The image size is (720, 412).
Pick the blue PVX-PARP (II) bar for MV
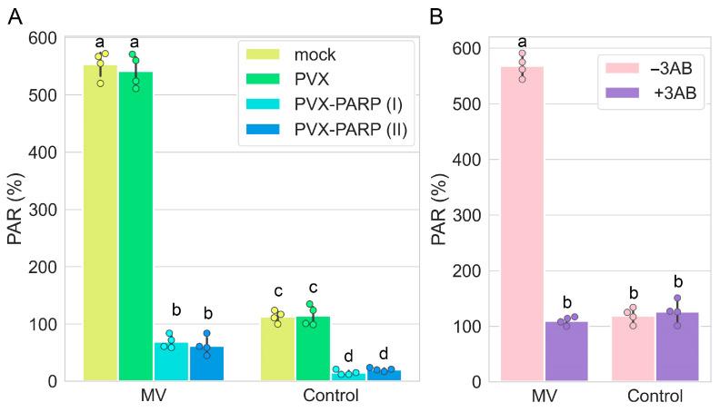pyautogui.click(x=206, y=363)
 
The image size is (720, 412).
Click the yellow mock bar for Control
pyautogui.click(x=277, y=349)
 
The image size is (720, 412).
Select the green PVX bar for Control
pyautogui.click(x=313, y=348)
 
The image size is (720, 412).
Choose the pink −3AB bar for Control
pyautogui.click(x=633, y=348)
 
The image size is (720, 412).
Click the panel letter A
pyautogui.click(x=15, y=17)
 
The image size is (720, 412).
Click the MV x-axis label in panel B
pyautogui.click(x=544, y=397)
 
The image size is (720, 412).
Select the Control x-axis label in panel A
pyautogui.click(x=331, y=397)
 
